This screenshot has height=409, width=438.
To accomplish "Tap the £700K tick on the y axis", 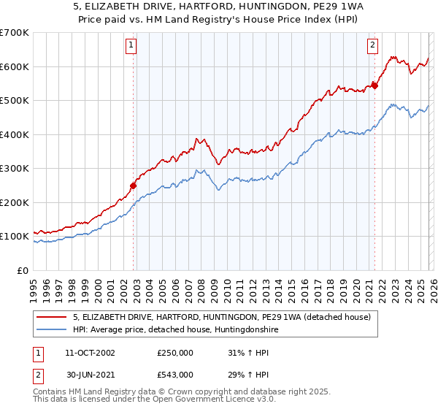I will click(x=15, y=33).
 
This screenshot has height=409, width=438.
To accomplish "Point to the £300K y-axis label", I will click(x=15, y=168).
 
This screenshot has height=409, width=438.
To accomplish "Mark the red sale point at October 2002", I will click(x=134, y=186).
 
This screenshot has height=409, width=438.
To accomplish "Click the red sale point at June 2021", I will click(x=374, y=86).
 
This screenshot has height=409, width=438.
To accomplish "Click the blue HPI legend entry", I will click(x=175, y=330).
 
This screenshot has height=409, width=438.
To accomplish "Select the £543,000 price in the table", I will click(x=175, y=375).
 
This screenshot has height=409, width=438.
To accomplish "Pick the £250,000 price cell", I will click(x=175, y=353).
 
